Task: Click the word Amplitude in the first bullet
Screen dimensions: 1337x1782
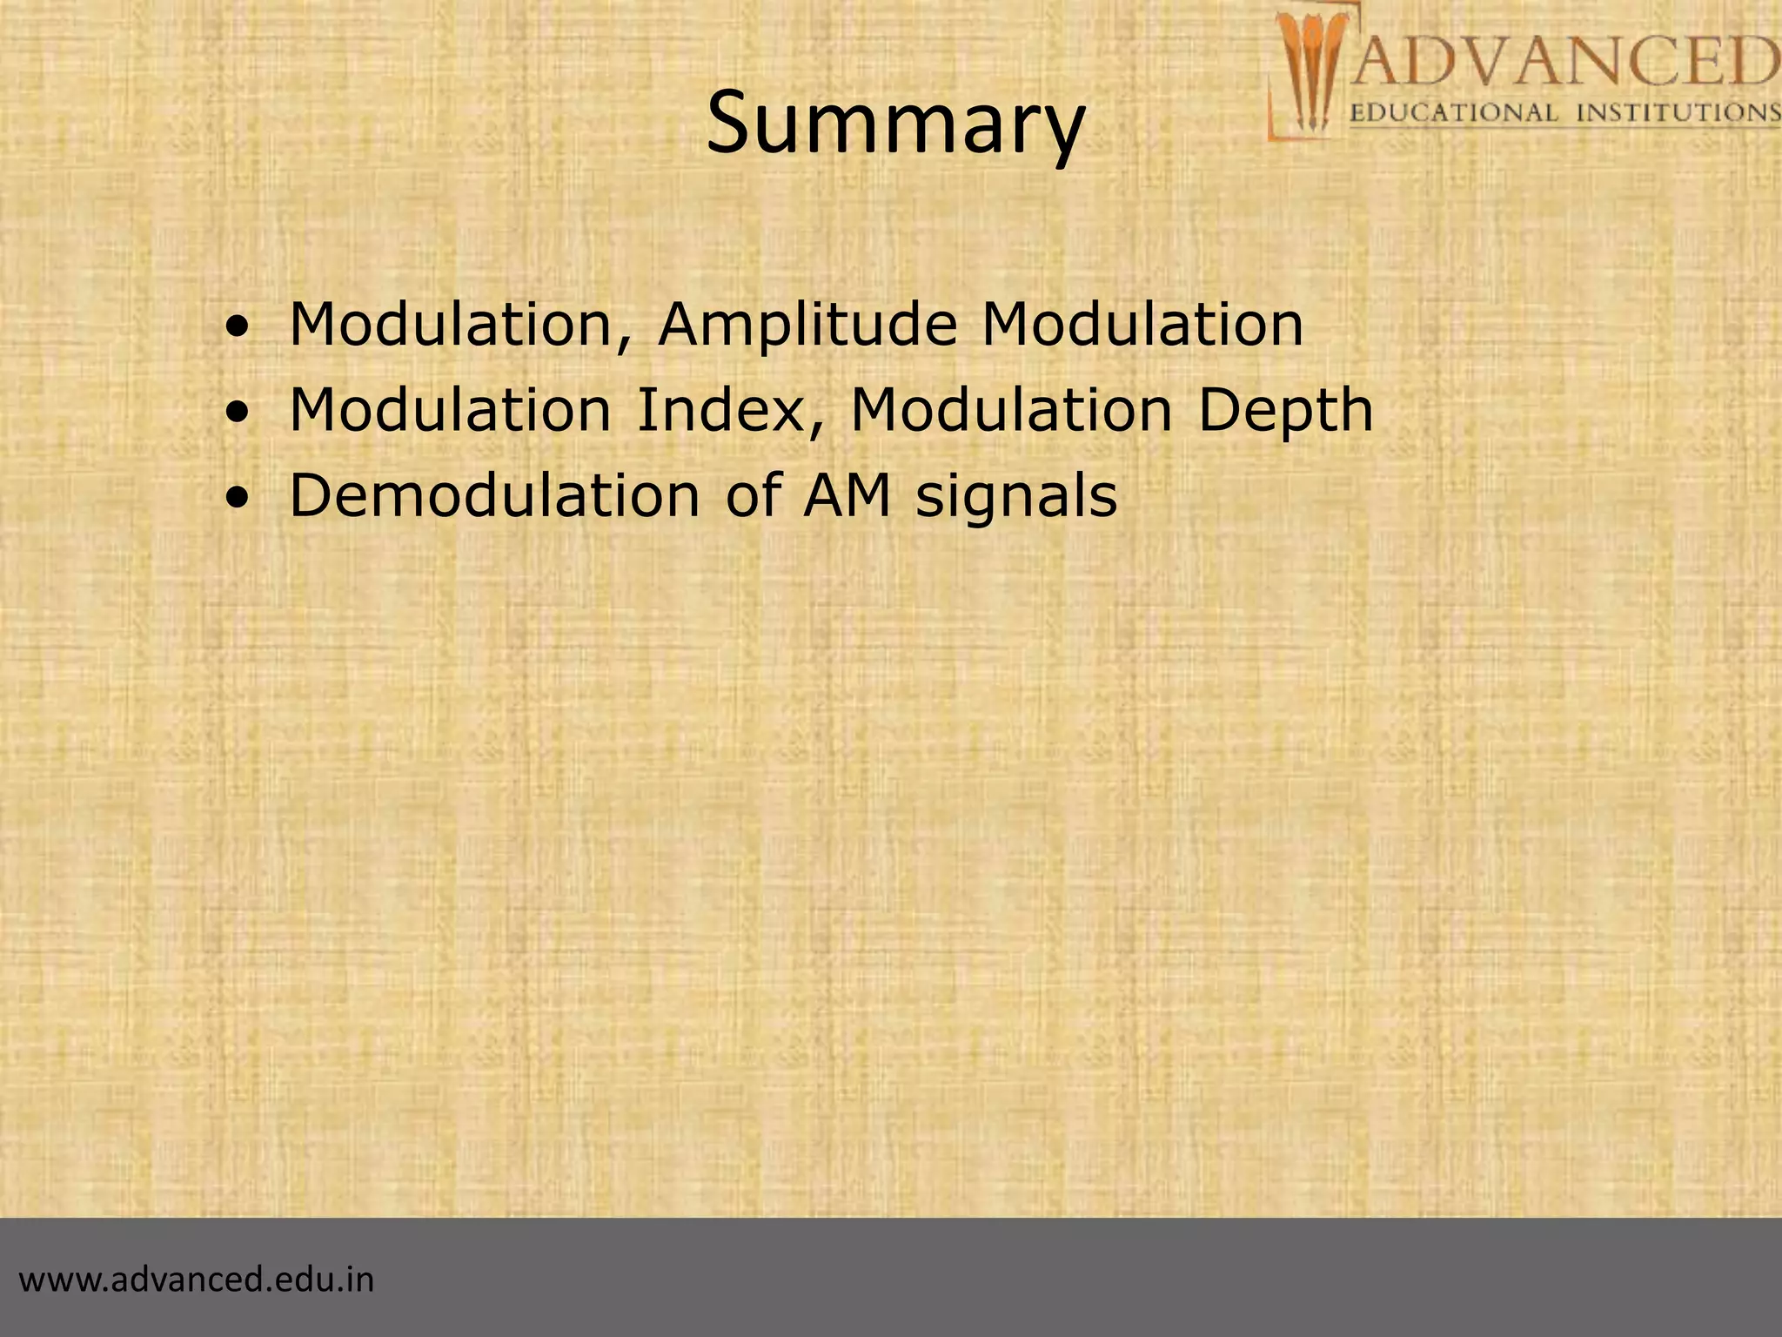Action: pos(807,324)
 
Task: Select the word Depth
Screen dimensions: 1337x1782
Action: pos(1285,411)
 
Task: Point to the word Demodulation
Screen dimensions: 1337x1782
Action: pos(493,495)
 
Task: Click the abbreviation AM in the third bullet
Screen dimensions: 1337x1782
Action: pos(847,495)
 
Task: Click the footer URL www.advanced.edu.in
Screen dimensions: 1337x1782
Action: pos(197,1280)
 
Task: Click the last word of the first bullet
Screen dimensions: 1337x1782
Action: pos(1142,324)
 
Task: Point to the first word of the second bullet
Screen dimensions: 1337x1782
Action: pos(450,409)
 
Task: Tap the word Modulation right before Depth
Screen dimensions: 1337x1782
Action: pos(1010,409)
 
